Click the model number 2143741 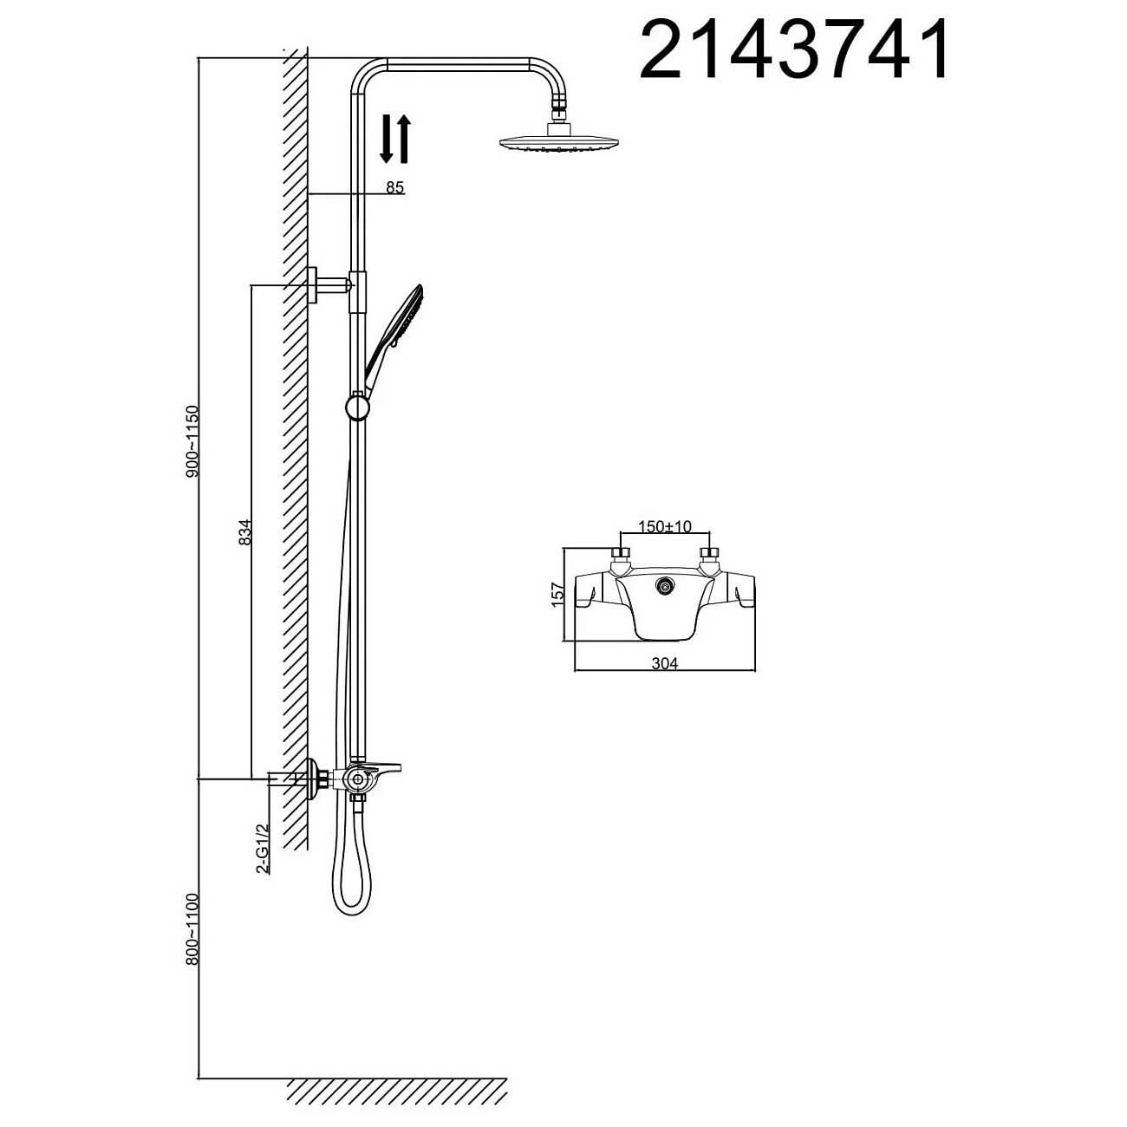pos(793,49)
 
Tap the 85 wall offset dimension pos(394,187)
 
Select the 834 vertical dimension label pos(245,532)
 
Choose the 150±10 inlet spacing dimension pos(665,526)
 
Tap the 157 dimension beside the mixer pos(558,593)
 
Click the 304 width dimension pos(664,663)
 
